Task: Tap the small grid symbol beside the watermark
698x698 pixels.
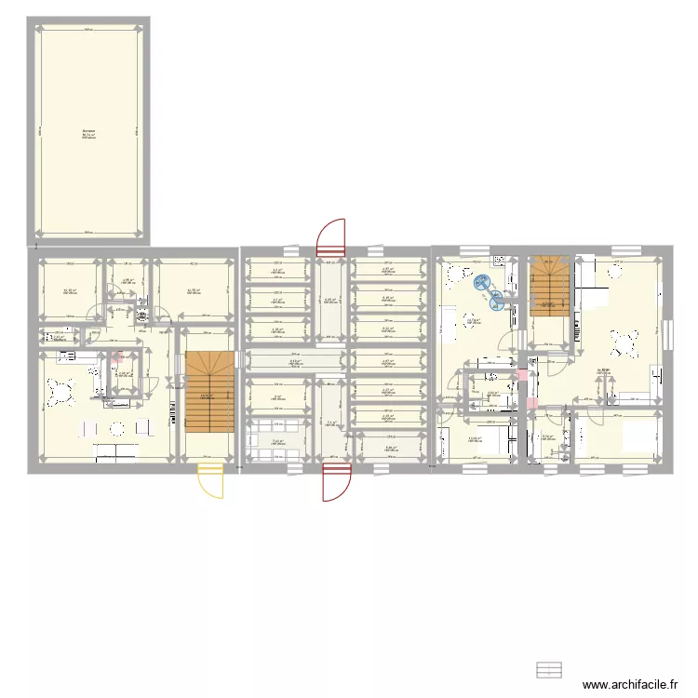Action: click(x=550, y=670)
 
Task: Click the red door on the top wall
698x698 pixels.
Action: click(x=330, y=236)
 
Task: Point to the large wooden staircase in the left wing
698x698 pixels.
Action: click(x=208, y=391)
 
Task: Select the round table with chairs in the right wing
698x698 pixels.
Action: click(x=623, y=342)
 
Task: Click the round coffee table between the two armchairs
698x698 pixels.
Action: click(x=117, y=429)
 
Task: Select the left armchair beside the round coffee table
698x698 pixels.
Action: click(x=90, y=429)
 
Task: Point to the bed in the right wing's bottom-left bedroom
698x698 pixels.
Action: click(x=494, y=437)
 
